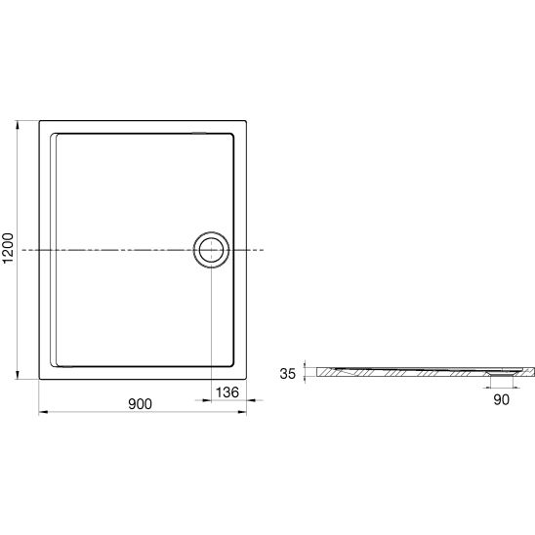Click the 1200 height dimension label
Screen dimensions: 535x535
click(x=8, y=248)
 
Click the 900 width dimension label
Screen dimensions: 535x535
click(x=140, y=404)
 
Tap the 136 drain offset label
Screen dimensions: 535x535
click(x=227, y=392)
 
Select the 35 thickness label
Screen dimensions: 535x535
click(x=287, y=374)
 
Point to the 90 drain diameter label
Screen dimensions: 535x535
click(x=501, y=399)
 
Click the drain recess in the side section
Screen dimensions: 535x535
click(x=501, y=374)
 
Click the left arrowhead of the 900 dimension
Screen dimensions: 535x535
click(x=43, y=412)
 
